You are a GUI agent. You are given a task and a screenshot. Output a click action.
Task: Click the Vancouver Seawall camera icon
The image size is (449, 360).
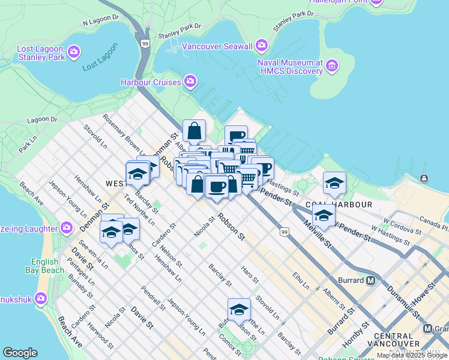261,46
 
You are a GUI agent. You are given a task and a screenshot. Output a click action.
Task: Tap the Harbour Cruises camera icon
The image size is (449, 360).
191,81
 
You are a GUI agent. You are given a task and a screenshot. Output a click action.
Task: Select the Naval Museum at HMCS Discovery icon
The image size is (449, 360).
332,67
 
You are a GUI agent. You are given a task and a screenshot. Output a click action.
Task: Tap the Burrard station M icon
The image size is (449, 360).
371,280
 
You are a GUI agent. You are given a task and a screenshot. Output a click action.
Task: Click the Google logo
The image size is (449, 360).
20,353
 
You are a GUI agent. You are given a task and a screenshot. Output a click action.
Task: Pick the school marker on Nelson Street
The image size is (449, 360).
239,310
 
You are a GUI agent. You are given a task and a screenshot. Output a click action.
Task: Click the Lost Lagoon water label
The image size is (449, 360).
98,64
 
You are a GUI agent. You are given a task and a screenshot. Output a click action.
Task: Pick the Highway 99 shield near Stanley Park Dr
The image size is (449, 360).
145,43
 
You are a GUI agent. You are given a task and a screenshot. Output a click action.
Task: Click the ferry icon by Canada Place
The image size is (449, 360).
424,178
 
